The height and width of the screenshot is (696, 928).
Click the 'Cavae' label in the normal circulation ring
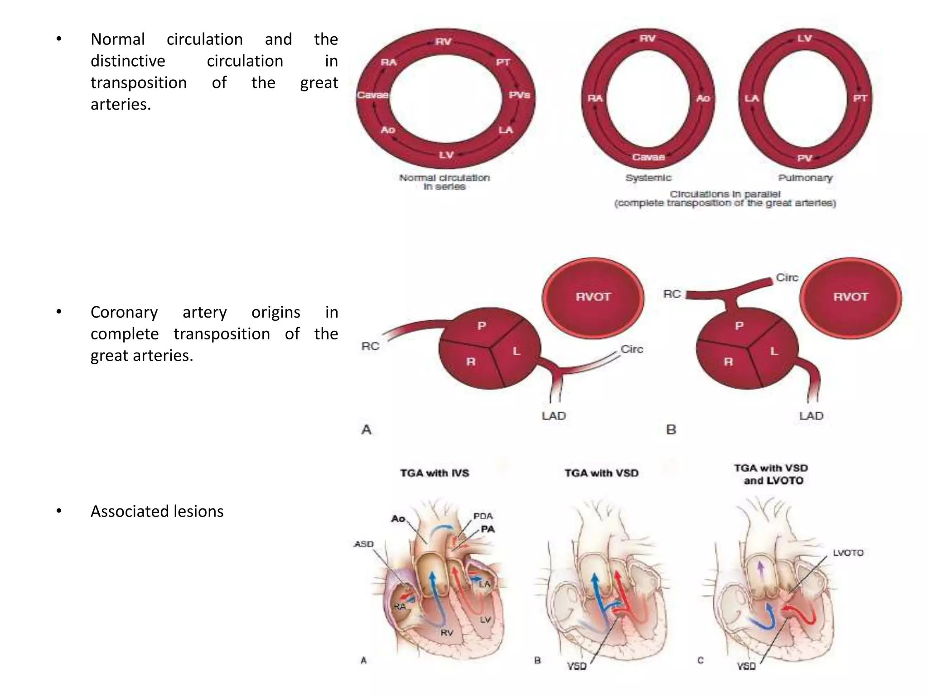pyautogui.click(x=372, y=95)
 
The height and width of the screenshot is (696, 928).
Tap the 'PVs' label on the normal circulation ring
pyautogui.click(x=519, y=95)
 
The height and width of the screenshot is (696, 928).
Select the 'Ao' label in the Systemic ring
pyautogui.click(x=703, y=98)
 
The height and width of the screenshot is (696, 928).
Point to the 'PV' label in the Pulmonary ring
pyautogui.click(x=804, y=158)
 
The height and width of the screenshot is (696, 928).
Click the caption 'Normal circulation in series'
pyautogui.click(x=444, y=182)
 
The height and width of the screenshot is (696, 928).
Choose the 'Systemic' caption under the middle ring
pyautogui.click(x=648, y=178)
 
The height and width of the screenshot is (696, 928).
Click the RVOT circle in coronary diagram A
pyautogui.click(x=593, y=296)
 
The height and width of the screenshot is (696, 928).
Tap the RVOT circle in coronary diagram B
pyautogui.click(x=851, y=296)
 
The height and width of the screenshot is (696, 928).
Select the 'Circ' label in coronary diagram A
pyautogui.click(x=632, y=349)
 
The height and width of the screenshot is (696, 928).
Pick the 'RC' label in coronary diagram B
pyautogui.click(x=672, y=294)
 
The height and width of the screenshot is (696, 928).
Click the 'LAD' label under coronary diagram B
pyautogui.click(x=811, y=416)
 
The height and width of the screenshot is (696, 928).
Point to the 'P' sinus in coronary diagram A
pyautogui.click(x=482, y=325)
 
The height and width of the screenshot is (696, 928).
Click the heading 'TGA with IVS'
pyautogui.click(x=435, y=473)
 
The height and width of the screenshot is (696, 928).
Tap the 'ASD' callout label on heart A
pyautogui.click(x=364, y=544)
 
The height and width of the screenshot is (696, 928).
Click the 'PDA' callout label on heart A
pyautogui.click(x=483, y=516)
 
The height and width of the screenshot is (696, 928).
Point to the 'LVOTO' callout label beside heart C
pyautogui.click(x=848, y=553)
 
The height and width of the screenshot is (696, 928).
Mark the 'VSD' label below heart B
pyautogui.click(x=576, y=666)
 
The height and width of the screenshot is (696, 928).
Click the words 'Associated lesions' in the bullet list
pyautogui.click(x=157, y=511)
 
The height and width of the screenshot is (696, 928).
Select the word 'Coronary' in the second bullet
pyautogui.click(x=124, y=312)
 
